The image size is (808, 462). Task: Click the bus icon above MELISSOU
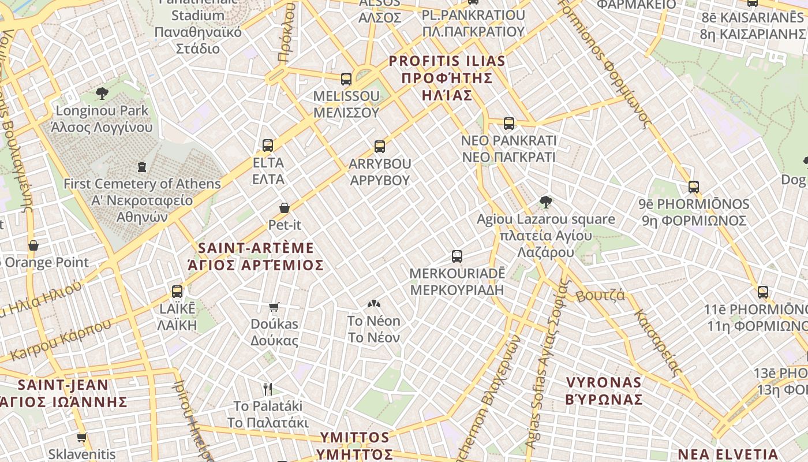[346, 79]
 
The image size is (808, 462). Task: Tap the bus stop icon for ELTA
[268, 145]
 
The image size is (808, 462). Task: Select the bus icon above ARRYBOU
[379, 147]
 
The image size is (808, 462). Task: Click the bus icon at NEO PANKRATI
[508, 123]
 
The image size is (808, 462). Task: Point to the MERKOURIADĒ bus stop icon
[457, 256]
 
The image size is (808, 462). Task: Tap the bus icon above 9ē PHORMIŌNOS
[694, 187]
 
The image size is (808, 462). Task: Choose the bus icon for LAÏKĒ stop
[177, 292]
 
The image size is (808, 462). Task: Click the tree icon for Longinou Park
[102, 93]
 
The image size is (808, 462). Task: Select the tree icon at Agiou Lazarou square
[545, 202]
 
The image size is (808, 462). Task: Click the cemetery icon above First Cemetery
[141, 167]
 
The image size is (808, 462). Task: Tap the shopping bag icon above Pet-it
[284, 207]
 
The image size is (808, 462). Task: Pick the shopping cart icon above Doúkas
[274, 307]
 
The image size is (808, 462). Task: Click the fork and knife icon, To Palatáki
[267, 389]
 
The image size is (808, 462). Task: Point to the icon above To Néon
[374, 303]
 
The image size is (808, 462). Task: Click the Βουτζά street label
[600, 296]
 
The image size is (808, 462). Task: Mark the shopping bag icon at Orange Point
[33, 245]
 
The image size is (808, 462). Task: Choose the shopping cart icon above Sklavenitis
[81, 437]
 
